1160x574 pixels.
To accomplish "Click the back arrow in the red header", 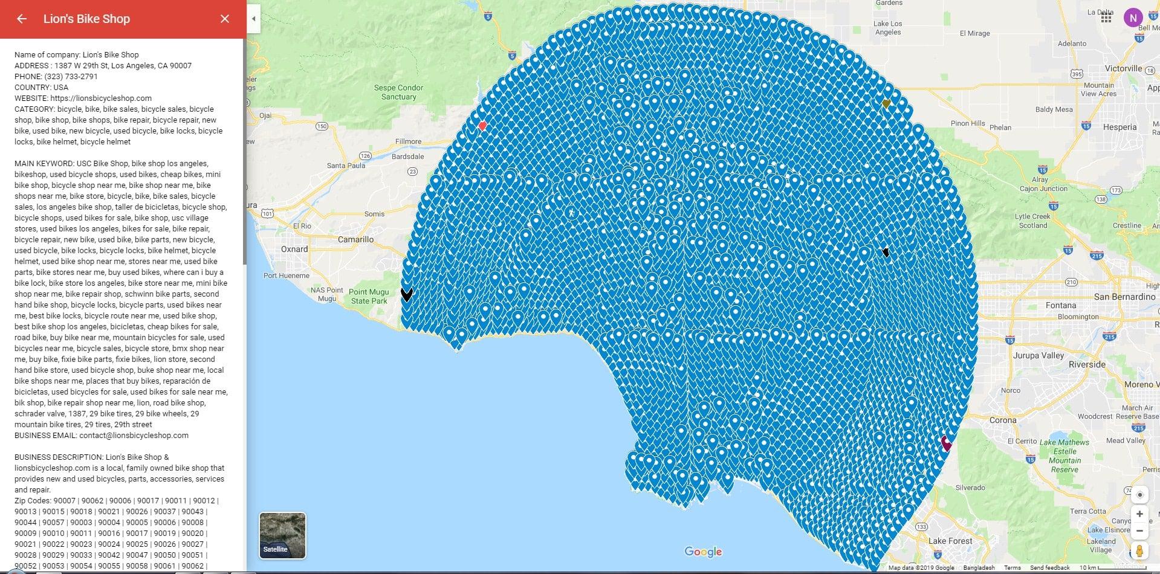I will pos(22,19).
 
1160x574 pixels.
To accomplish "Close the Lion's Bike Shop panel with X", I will pos(225,19).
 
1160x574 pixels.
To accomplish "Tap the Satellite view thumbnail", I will pos(282,535).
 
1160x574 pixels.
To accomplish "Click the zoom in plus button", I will pos(1139,514).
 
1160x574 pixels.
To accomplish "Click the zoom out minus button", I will pos(1139,531).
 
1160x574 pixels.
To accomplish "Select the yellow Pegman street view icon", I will pos(1139,551).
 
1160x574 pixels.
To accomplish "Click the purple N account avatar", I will pos(1133,18).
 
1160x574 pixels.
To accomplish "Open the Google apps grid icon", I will pos(1106,18).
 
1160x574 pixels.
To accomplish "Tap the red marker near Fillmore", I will pos(482,126).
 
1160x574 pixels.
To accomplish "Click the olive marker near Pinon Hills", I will pos(886,104).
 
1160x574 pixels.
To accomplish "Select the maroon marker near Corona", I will pos(946,443).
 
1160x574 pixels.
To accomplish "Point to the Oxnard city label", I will pos(294,249).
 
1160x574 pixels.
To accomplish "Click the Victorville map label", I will pos(1124,68).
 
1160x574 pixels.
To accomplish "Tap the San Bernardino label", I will pos(1124,297).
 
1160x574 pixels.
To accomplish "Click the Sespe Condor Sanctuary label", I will pos(398,92).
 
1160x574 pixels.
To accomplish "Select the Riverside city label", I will pos(1087,364).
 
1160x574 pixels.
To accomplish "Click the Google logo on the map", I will pos(703,552).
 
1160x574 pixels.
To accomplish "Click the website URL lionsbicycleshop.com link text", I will pos(101,98).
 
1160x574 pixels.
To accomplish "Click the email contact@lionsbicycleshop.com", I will pos(134,435).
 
